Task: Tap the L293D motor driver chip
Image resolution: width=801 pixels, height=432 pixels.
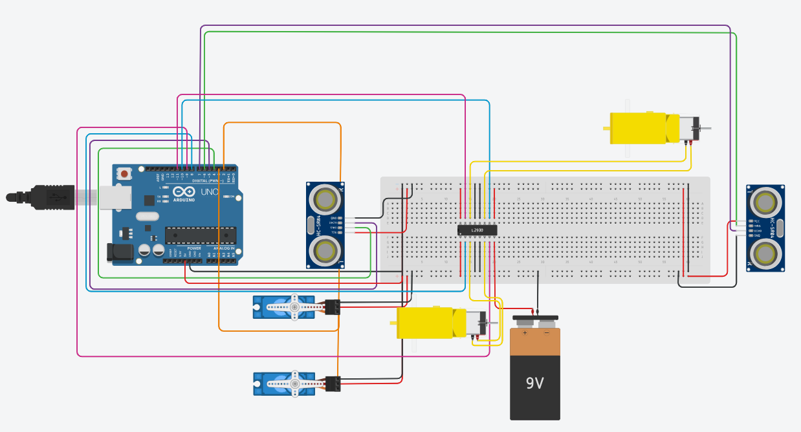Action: point(477,230)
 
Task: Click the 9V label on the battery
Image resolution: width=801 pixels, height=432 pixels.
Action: point(534,383)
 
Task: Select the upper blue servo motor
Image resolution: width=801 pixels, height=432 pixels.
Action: point(285,307)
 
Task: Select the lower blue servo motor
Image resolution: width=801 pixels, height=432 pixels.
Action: point(285,384)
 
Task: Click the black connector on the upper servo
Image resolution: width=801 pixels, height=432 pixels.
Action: point(333,307)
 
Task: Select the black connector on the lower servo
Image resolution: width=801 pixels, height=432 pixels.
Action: point(333,384)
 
